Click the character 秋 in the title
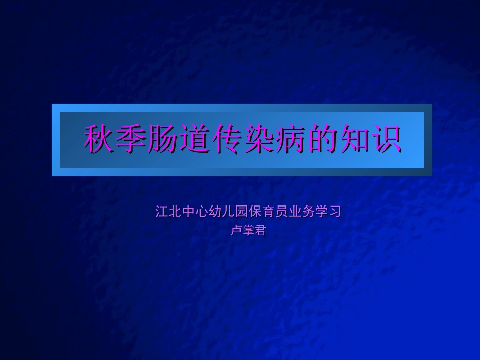click(x=99, y=139)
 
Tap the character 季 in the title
click(x=131, y=139)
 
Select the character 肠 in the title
click(x=163, y=139)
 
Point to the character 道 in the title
click(x=195, y=139)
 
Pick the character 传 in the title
click(x=226, y=139)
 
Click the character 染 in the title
click(x=258, y=139)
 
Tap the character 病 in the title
click(x=290, y=139)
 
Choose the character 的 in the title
click(x=322, y=139)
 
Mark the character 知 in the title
click(x=354, y=139)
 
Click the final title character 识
click(x=386, y=139)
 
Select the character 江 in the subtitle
click(x=162, y=212)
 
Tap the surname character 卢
click(x=236, y=231)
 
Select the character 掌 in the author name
click(x=248, y=231)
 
